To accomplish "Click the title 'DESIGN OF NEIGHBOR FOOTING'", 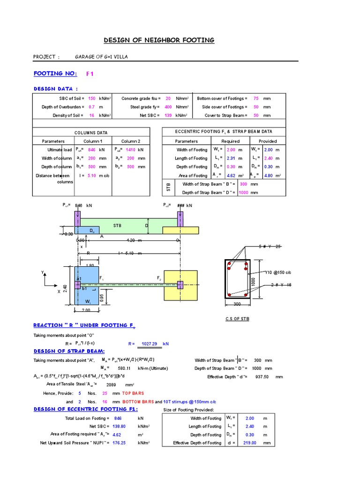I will pyautogui.click(x=158, y=40).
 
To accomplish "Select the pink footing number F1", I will pyautogui.click(x=90, y=74).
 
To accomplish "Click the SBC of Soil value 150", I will pyautogui.click(x=91, y=98).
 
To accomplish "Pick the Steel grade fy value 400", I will pyautogui.click(x=168, y=107).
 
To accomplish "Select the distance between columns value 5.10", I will pyautogui.click(x=91, y=175).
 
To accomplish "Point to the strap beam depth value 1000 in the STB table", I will pyautogui.click(x=243, y=193).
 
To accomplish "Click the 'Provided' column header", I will pyautogui.click(x=268, y=141).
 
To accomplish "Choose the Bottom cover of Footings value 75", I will pyautogui.click(x=256, y=98).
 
